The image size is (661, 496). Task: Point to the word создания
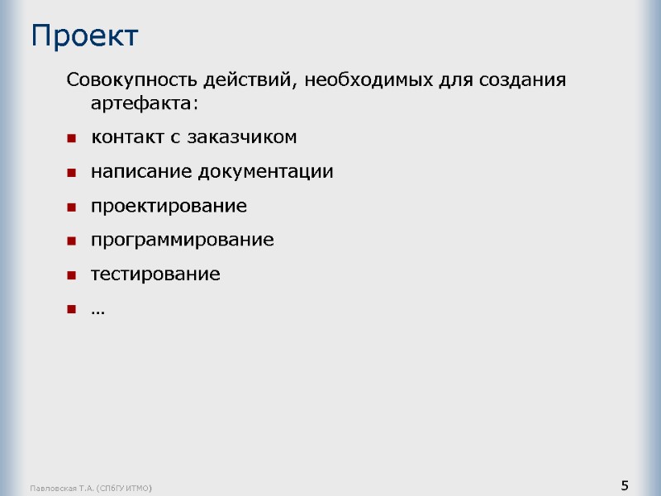(523, 81)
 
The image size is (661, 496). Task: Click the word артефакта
(142, 105)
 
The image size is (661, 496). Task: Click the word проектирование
(169, 206)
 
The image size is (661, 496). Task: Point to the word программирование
(182, 241)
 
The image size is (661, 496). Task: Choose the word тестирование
(155, 274)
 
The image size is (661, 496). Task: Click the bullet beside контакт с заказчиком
(72, 138)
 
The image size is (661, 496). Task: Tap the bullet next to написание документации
(72, 173)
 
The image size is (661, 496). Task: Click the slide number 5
(625, 484)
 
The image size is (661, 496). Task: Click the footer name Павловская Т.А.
(62, 489)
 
